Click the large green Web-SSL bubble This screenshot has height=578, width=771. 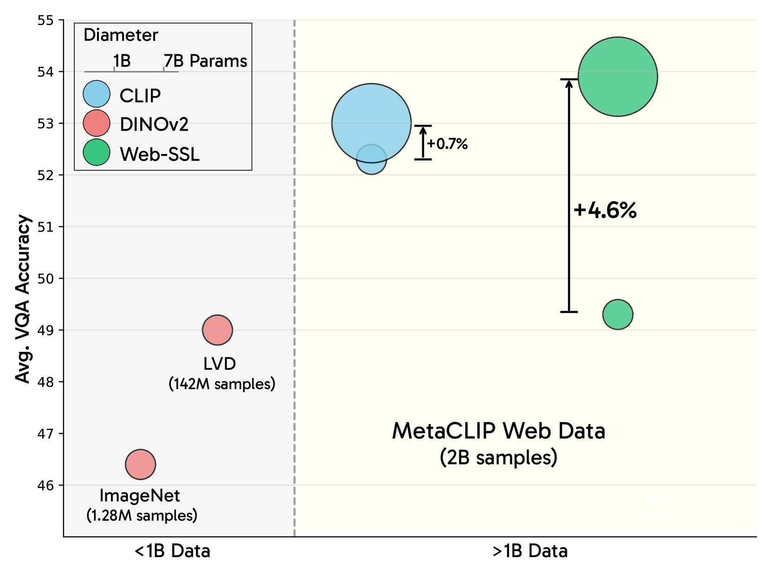(617, 77)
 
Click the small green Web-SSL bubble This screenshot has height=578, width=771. (617, 315)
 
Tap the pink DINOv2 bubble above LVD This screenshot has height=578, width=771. (217, 330)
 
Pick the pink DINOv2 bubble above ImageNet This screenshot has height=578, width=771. (140, 464)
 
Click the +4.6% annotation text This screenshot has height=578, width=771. (605, 210)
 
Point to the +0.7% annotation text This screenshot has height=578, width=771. (447, 144)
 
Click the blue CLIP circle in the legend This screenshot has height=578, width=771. (97, 94)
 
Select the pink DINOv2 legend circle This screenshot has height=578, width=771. (97, 123)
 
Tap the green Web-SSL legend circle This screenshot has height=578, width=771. (97, 152)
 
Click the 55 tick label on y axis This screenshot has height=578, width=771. (45, 20)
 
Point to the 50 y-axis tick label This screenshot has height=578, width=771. (45, 278)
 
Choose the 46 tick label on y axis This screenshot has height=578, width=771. (45, 485)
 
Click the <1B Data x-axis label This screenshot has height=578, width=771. (172, 551)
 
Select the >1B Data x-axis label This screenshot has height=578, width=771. (530, 551)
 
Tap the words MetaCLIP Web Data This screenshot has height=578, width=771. (499, 431)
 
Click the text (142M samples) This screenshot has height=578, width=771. (222, 384)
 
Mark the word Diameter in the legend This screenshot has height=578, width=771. (121, 35)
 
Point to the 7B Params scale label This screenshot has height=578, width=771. (205, 61)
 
